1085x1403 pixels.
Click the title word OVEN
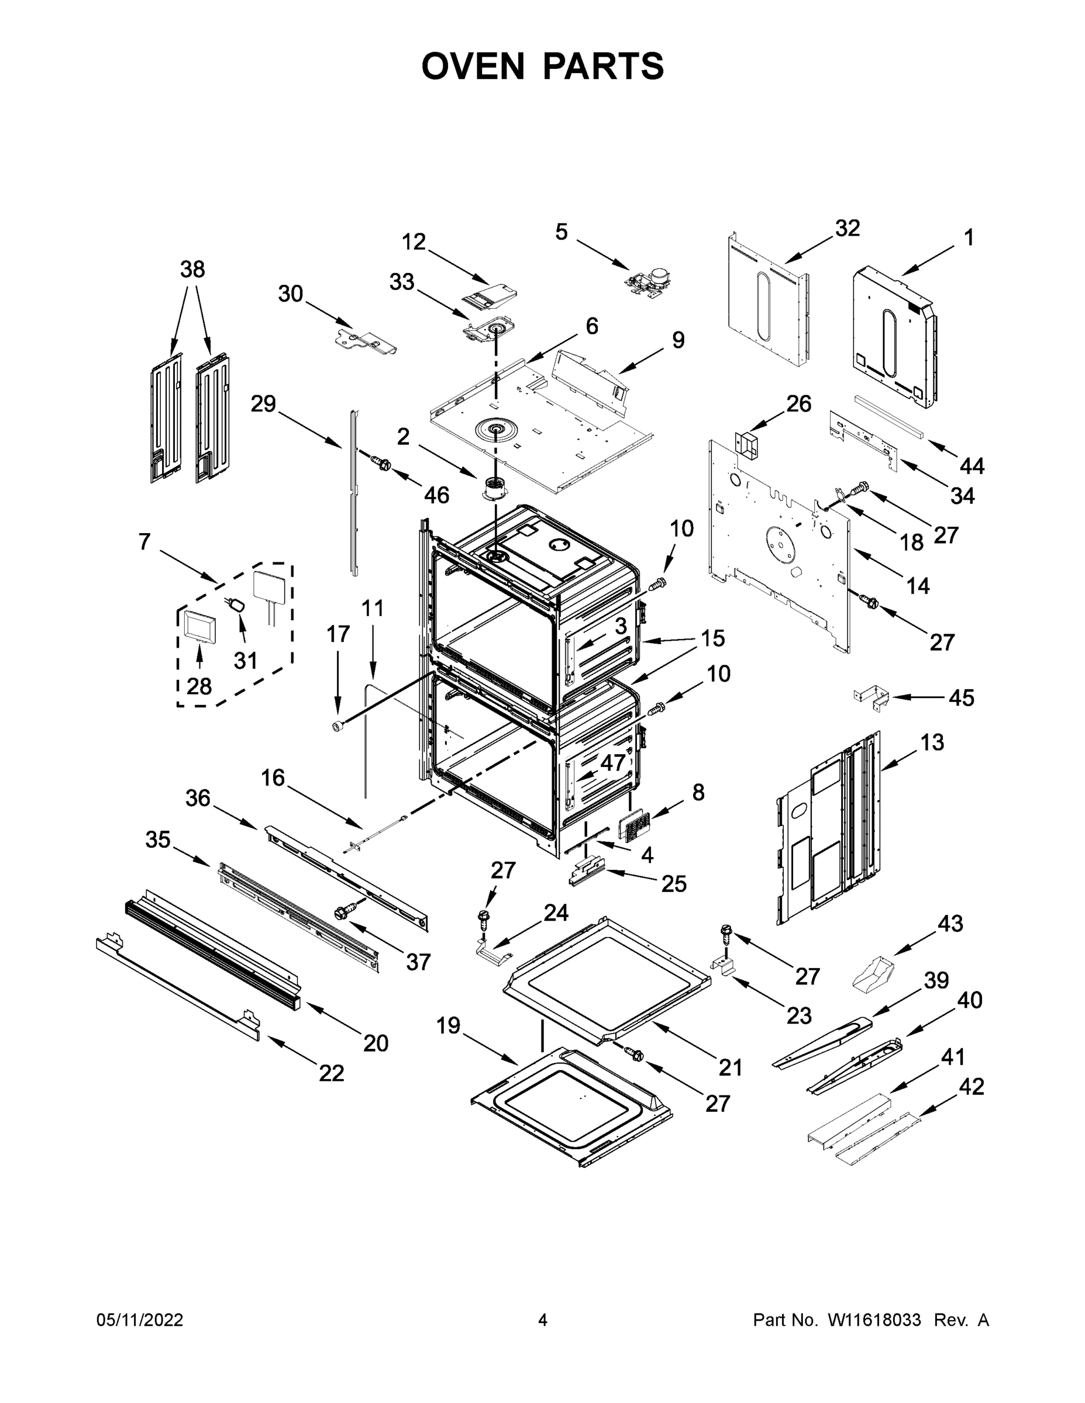[x=473, y=66]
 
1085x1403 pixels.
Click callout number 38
[x=192, y=269]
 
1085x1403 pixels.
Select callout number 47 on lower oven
[x=612, y=763]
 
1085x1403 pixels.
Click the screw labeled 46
[x=382, y=462]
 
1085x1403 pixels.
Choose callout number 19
[x=449, y=1025]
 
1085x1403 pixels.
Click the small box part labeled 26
[x=746, y=444]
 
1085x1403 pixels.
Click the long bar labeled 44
[x=890, y=417]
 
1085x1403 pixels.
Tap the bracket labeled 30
[x=366, y=341]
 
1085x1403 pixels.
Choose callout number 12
[x=414, y=242]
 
